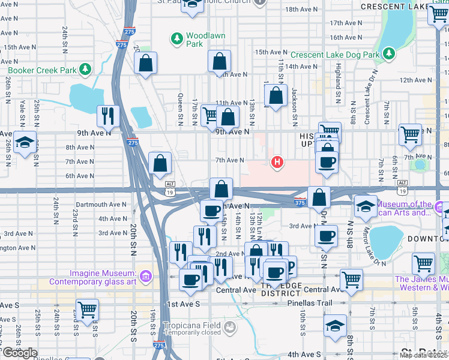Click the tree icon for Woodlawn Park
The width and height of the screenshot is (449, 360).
click(177, 40)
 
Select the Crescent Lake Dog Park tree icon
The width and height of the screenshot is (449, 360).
click(389, 55)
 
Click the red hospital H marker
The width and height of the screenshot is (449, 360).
click(277, 162)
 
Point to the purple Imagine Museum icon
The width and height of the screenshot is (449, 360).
click(145, 277)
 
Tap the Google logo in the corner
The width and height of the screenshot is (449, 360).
click(19, 353)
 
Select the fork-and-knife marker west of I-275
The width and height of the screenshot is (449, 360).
click(108, 116)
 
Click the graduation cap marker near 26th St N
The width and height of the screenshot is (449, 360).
click(25, 143)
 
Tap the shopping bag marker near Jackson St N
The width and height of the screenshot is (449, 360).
click(276, 96)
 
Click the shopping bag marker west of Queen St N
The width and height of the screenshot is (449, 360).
click(146, 63)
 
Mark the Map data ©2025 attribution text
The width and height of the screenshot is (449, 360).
click(423, 355)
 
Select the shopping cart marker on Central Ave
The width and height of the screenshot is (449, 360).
click(351, 279)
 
